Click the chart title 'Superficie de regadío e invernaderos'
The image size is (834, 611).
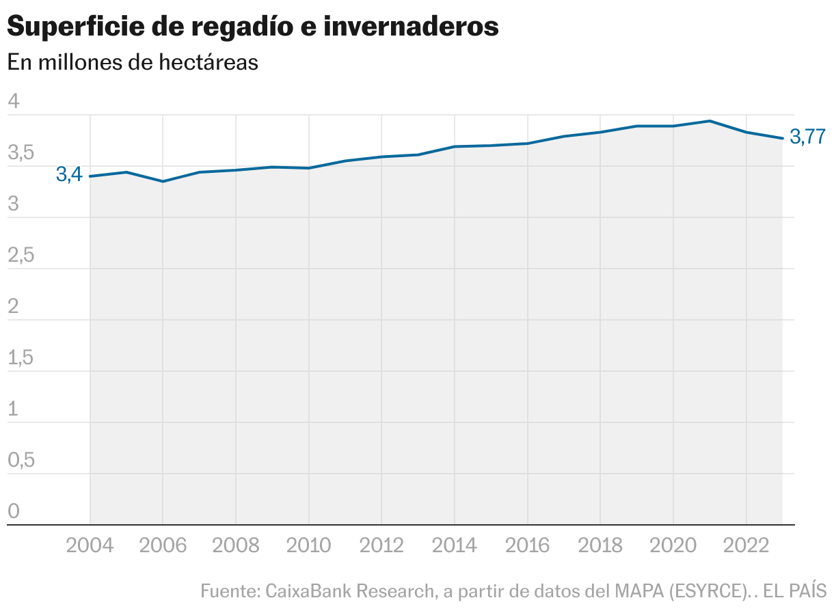(x=252, y=27)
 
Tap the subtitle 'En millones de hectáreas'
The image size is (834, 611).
(x=133, y=62)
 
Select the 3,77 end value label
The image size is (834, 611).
(x=807, y=137)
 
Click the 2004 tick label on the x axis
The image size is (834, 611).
(x=90, y=545)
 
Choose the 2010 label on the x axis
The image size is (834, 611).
(x=308, y=545)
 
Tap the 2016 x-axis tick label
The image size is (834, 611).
(x=527, y=545)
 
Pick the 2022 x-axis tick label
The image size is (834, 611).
(x=746, y=545)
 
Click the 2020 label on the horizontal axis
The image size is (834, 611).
(x=673, y=545)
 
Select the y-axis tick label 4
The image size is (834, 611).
(x=14, y=103)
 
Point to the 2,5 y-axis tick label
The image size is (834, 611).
(x=20, y=256)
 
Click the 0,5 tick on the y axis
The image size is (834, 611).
(x=20, y=461)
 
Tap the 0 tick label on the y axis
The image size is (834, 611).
(x=14, y=512)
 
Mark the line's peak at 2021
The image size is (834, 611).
(x=710, y=121)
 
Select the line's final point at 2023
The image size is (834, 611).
(x=783, y=138)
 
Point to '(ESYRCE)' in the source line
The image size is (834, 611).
(x=709, y=590)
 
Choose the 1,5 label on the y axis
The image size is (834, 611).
(x=20, y=358)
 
